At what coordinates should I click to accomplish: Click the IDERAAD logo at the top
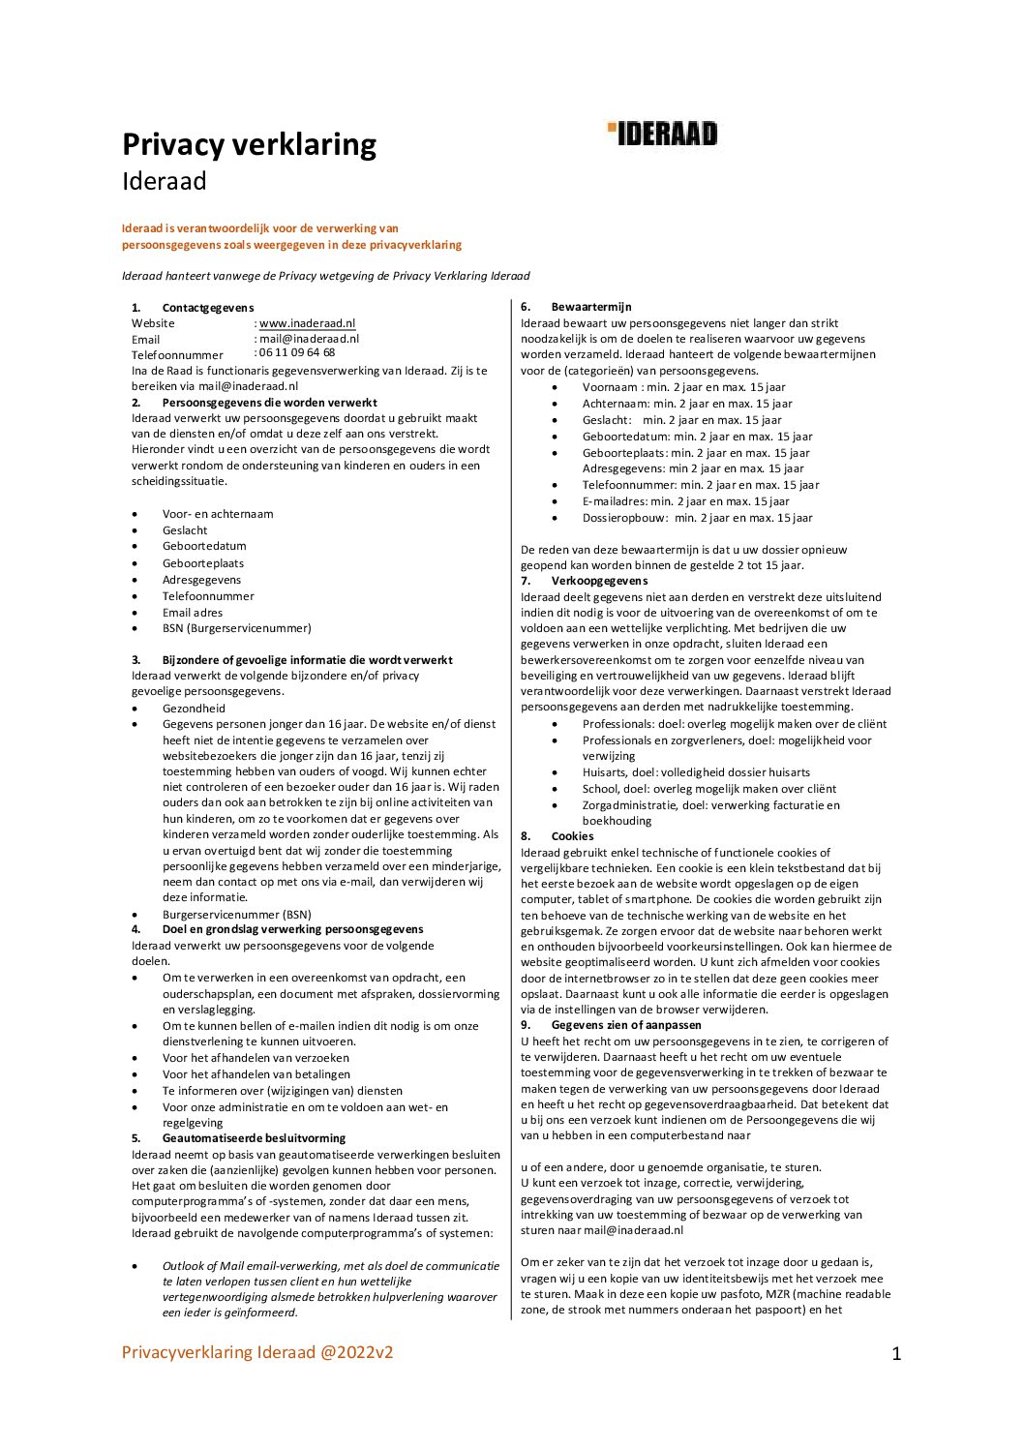coord(663,134)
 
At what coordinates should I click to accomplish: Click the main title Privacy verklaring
coord(249,144)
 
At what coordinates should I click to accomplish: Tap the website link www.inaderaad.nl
coord(307,323)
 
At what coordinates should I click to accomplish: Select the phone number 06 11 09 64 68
coord(296,352)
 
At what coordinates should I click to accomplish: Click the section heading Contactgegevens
coord(207,308)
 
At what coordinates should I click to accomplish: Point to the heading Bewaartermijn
coord(590,307)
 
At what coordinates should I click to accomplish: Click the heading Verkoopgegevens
coord(599,581)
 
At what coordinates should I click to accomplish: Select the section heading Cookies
coord(572,836)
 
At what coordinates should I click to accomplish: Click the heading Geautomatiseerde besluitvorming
coord(253,1138)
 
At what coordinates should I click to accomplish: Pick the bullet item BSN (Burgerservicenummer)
coord(236,628)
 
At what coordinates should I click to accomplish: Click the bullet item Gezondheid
coord(194,709)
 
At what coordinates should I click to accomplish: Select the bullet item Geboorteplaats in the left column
coord(203,563)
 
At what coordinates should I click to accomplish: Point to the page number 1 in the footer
coord(896,1354)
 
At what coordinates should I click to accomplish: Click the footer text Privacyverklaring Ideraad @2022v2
coord(257,1352)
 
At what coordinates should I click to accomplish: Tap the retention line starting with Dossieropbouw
coord(697,518)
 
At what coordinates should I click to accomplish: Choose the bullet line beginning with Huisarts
coord(696,772)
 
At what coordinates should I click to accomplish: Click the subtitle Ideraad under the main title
coord(164,181)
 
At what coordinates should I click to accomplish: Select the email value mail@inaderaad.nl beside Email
coord(309,339)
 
